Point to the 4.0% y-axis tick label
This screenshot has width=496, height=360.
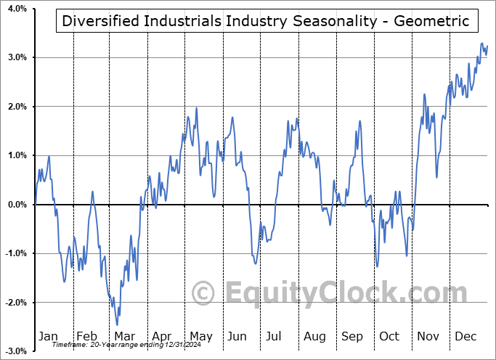pyautogui.click(x=17, y=9)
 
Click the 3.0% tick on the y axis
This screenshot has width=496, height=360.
pyautogui.click(x=17, y=57)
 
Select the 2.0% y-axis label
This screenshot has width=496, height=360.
pyautogui.click(x=17, y=107)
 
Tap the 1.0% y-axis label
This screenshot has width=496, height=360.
pyautogui.click(x=17, y=155)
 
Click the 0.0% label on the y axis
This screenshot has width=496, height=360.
pyautogui.click(x=17, y=205)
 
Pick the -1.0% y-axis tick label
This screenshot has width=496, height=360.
pyautogui.click(x=15, y=253)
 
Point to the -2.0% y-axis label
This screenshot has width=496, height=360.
pyautogui.click(x=15, y=303)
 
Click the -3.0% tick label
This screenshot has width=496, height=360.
pyautogui.click(x=15, y=351)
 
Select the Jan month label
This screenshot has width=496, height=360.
pyautogui.click(x=47, y=336)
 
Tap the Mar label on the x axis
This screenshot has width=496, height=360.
pyautogui.click(x=124, y=336)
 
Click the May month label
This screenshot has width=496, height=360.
pyautogui.click(x=200, y=336)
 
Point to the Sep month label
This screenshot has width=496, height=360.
pyautogui.click(x=352, y=336)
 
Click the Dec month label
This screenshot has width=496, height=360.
pyautogui.click(x=465, y=336)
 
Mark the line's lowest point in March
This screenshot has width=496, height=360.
pyautogui.click(x=118, y=324)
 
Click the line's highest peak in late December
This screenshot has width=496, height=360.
pyautogui.click(x=481, y=44)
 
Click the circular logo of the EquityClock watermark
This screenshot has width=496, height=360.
pyautogui.click(x=203, y=294)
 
